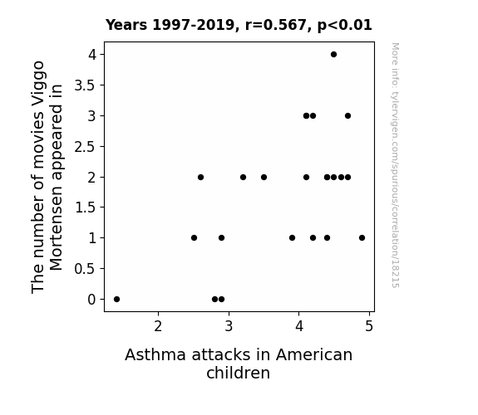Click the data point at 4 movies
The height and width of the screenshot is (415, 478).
click(334, 55)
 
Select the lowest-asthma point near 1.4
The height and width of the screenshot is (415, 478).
click(116, 300)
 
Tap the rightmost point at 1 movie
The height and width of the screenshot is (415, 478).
click(362, 238)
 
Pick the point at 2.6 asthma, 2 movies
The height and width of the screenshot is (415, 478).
click(200, 177)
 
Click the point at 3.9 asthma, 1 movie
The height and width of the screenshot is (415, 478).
click(292, 238)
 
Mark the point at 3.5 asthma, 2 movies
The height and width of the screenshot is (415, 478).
click(264, 177)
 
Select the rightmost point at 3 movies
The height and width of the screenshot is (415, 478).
click(347, 115)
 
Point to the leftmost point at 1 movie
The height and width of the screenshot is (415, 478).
click(194, 238)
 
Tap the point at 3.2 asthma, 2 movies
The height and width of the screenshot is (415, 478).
click(243, 177)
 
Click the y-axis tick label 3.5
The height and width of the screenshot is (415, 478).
click(85, 85)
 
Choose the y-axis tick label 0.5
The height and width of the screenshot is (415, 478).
click(85, 269)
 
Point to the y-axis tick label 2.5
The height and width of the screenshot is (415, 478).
click(85, 147)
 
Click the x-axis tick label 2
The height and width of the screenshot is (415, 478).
click(158, 326)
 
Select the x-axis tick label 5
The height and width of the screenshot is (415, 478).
click(369, 326)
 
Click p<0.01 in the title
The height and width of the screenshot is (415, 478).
click(345, 25)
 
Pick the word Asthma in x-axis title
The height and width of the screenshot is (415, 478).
click(155, 354)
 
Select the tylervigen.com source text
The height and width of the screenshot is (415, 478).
click(395, 165)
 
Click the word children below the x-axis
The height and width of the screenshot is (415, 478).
click(238, 373)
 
